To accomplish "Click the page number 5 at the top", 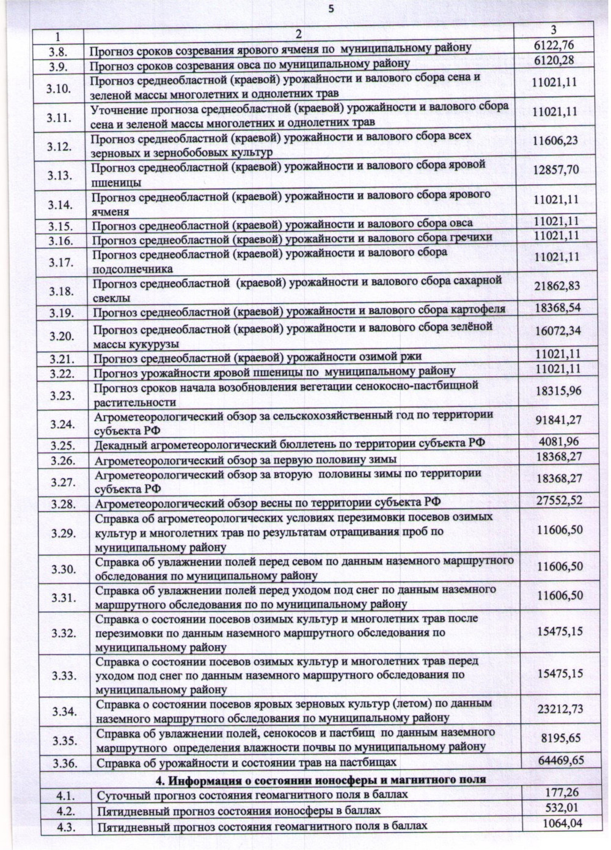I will [x=331, y=9].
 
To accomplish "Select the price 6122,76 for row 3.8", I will [x=554, y=45].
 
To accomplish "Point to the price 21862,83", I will [x=557, y=286].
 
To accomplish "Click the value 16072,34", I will [x=557, y=331].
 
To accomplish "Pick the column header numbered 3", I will [x=553, y=29].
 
